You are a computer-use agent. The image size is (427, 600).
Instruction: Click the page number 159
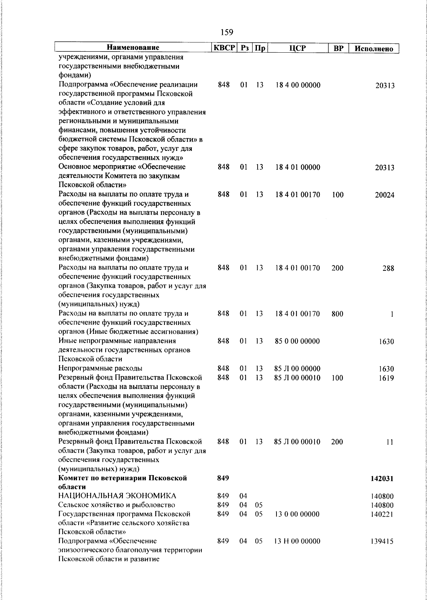tap(227, 32)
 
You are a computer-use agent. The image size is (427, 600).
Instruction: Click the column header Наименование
tap(133, 48)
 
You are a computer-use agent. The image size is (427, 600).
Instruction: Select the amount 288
tap(388, 268)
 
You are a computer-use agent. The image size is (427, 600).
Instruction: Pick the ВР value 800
tap(337, 314)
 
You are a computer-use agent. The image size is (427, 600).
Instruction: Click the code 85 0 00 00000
tap(297, 341)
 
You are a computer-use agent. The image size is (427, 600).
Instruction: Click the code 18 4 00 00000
tap(297, 85)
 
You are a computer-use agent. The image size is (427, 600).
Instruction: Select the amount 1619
tap(386, 378)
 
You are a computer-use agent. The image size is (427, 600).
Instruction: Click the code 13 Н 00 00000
tap(297, 541)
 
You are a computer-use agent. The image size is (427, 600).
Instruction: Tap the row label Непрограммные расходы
tap(100, 368)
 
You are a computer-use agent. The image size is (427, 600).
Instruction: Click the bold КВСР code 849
tap(223, 478)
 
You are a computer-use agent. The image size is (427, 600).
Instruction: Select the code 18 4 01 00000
tap(297, 167)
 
